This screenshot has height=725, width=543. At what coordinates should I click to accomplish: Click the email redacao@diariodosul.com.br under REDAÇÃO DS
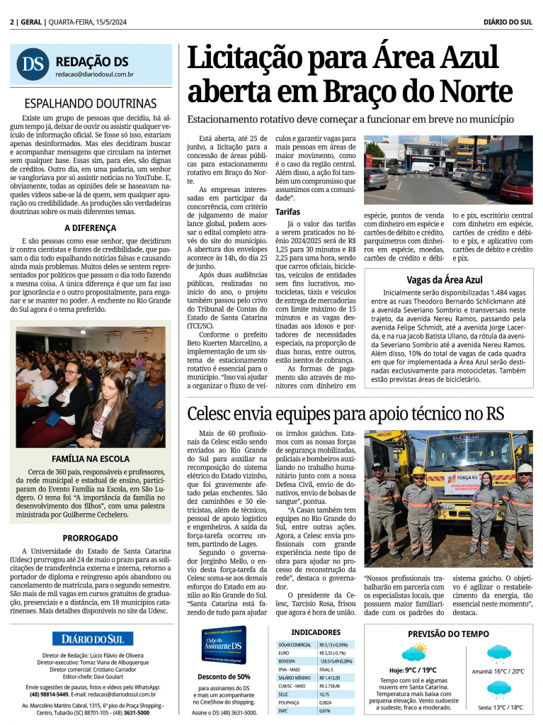pos(95,74)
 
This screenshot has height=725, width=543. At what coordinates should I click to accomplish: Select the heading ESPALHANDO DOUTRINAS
pos(90,103)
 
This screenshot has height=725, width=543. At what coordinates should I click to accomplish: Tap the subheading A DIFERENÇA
pos(90,227)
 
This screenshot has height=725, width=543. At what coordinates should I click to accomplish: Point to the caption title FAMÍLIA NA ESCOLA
pos(90,459)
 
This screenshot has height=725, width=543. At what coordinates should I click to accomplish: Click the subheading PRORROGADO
pos(90,538)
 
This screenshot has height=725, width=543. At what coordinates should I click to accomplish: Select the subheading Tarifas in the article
pos(287,211)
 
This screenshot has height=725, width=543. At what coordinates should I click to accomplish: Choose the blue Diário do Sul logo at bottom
pos(92,639)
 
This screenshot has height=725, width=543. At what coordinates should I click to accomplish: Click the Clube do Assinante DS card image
pos(224,645)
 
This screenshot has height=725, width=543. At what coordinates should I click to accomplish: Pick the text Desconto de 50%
pos(224,676)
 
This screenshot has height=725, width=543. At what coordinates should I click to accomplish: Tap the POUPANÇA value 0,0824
pos(326,702)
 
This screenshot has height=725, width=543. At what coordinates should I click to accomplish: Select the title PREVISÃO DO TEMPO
pos(448,634)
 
